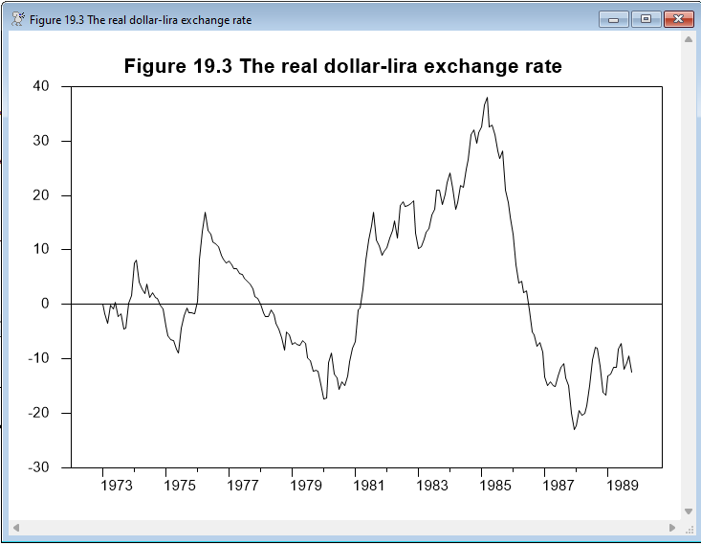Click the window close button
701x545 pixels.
[x=677, y=19]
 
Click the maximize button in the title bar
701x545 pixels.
[x=646, y=19]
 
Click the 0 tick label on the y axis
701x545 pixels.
[x=44, y=304]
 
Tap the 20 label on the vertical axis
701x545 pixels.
[x=40, y=195]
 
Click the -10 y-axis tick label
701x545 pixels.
[x=36, y=358]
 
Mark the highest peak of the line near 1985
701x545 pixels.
[x=487, y=97]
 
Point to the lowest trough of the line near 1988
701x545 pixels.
[x=574, y=429]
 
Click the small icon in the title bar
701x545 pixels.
[x=17, y=19]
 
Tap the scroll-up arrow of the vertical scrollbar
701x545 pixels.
[x=688, y=40]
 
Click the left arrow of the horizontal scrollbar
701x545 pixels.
[x=14, y=528]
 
